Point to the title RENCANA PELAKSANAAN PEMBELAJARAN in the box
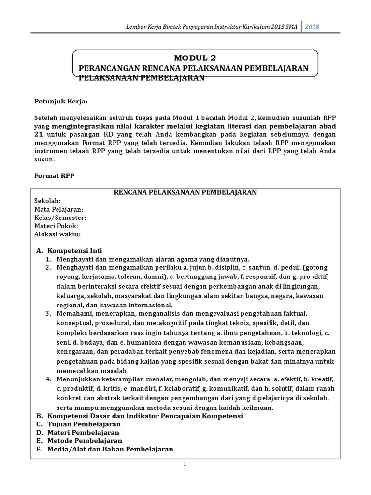tap(185, 192)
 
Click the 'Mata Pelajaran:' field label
tap(59, 209)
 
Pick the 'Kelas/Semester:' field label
tap(60, 218)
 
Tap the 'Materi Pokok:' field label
tap(56, 226)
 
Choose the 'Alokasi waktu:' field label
tap(57, 234)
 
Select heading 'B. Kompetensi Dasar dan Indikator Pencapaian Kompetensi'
tap(139, 416)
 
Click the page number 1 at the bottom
tap(185, 464)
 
